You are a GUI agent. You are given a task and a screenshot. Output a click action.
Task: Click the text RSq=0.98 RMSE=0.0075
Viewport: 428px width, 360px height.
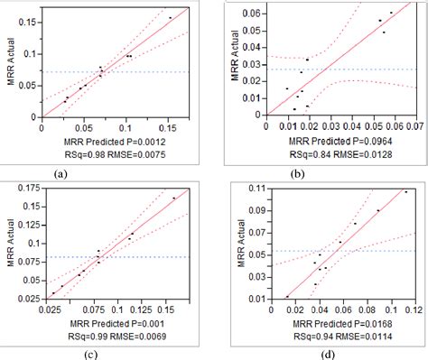[111, 153]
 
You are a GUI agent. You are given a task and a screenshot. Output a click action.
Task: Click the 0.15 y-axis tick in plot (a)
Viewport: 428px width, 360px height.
[25, 19]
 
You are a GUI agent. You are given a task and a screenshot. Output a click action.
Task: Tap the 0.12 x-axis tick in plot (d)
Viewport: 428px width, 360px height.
[417, 309]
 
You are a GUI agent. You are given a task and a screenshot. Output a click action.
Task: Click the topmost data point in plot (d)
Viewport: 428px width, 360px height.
[405, 191]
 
